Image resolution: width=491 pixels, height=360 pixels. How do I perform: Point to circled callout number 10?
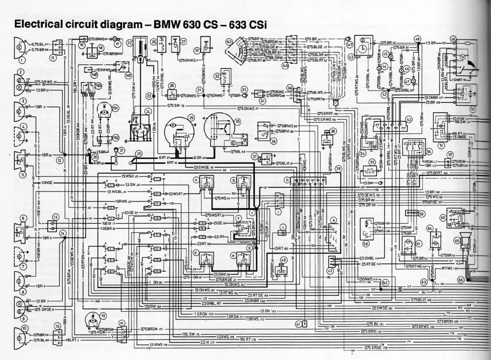pyautogui.click(x=25, y=328)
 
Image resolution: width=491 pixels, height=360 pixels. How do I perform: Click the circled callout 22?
pyautogui.click(x=130, y=42)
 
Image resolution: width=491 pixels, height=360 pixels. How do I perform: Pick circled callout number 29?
pyautogui.click(x=190, y=117)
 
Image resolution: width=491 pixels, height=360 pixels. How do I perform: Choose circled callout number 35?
pyautogui.click(x=237, y=121)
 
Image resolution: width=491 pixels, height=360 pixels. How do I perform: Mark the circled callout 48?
pyautogui.click(x=417, y=39)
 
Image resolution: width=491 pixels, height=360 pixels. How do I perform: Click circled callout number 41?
pyautogui.click(x=299, y=324)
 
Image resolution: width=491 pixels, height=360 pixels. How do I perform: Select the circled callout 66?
pyautogui.click(x=461, y=280)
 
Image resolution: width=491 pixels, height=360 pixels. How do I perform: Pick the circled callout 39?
pyautogui.click(x=338, y=169)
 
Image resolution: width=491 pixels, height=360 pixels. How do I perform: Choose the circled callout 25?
pyautogui.click(x=139, y=154)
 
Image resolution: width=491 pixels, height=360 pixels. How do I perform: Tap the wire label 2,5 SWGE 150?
pyautogui.click(x=381, y=308)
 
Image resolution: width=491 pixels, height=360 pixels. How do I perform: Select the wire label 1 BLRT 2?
pyautogui.click(x=72, y=340)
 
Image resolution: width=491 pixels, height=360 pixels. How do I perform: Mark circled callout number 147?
pyautogui.click(x=349, y=44)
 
